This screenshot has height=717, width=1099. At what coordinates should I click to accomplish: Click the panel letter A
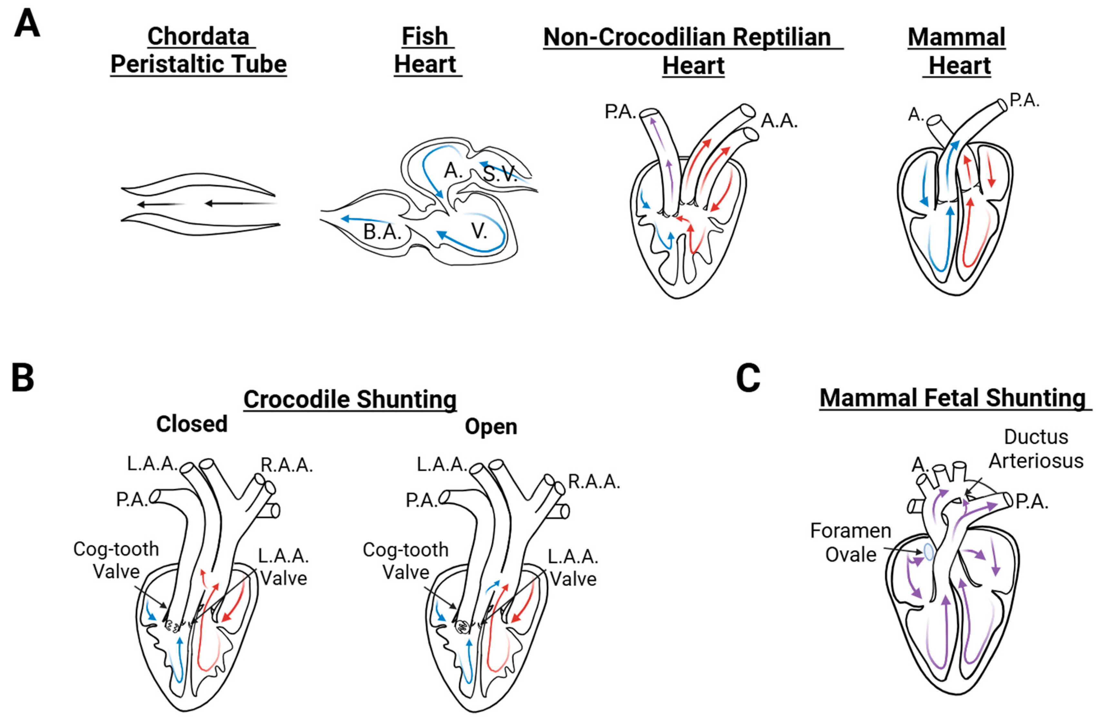[x=27, y=24]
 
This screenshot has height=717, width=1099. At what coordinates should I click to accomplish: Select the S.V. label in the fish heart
[x=500, y=174]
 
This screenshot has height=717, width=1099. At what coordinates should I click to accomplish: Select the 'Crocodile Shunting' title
[x=350, y=399]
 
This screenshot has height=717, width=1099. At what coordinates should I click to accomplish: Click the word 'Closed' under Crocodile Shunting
[x=192, y=424]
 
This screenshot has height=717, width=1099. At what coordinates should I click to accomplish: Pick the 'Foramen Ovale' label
[x=851, y=542]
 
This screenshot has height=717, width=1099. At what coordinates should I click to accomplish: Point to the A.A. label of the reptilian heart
[x=779, y=121]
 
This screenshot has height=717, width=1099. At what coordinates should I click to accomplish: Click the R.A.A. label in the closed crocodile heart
[x=287, y=465]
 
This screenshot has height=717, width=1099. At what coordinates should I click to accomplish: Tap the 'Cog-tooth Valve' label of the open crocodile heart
[x=405, y=561]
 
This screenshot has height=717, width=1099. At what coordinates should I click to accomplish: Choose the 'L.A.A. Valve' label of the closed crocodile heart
[x=283, y=567]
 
